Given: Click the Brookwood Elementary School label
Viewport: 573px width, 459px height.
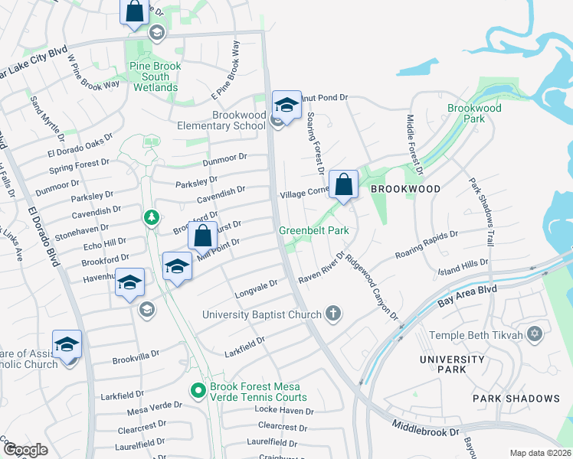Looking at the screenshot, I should pyautogui.click(x=218, y=120).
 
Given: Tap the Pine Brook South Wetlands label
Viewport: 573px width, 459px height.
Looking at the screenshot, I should pyautogui.click(x=156, y=77).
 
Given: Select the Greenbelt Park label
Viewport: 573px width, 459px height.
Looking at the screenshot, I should pyautogui.click(x=313, y=229).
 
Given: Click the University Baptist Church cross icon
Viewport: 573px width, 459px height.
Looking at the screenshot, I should pyautogui.click(x=332, y=312).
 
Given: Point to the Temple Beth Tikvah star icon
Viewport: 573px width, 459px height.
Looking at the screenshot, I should pyautogui.click(x=535, y=334).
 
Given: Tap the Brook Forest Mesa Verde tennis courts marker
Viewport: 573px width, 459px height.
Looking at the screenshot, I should pyautogui.click(x=198, y=390).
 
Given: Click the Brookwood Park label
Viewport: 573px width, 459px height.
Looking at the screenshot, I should pyautogui.click(x=475, y=113).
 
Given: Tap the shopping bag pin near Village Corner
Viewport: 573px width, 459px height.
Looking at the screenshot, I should pyautogui.click(x=344, y=184).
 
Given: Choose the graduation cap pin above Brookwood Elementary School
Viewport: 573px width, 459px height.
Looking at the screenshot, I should pyautogui.click(x=286, y=105).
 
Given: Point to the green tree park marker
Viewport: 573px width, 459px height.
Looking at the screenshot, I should pyautogui.click(x=152, y=218).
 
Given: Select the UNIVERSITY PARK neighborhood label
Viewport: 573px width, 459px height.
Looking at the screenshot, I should pyautogui.click(x=452, y=364).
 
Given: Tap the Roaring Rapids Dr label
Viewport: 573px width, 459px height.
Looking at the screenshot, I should pyautogui.click(x=426, y=244).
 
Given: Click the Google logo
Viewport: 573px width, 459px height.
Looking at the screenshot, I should pyautogui.click(x=25, y=450).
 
